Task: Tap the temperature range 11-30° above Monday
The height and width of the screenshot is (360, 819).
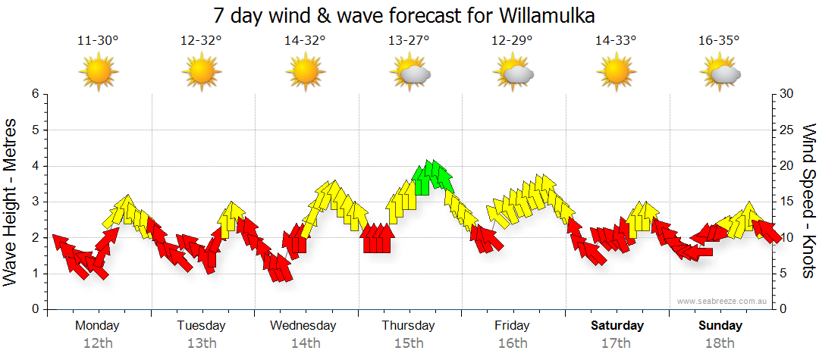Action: click(98, 41)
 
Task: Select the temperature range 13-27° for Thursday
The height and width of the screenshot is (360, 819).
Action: click(410, 41)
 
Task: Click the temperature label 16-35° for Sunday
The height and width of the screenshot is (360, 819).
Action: click(719, 41)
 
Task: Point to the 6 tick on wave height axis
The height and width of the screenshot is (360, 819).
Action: click(34, 94)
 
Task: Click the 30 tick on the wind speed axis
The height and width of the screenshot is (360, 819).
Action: click(787, 94)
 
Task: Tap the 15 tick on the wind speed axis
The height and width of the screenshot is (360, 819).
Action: click(787, 202)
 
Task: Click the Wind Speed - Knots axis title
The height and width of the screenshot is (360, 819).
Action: click(808, 202)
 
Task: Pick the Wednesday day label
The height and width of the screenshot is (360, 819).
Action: click(303, 326)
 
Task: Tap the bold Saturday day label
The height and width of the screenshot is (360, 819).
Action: click(617, 326)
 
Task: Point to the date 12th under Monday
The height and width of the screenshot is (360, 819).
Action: click(98, 343)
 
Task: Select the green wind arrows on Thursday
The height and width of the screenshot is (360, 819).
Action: click(431, 177)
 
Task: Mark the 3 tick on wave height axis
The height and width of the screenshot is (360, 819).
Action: click(34, 202)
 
